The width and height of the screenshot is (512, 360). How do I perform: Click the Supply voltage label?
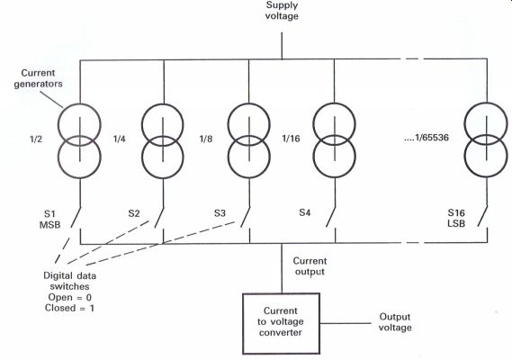tap(282, 11)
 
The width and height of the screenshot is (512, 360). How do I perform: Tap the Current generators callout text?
tap(38, 78)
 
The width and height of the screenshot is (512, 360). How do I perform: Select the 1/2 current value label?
tap(36, 139)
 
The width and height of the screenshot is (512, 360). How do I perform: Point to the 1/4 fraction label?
tap(119, 139)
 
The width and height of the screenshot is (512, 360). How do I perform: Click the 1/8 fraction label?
tap(206, 139)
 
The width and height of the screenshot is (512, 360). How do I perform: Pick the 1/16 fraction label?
tap(291, 139)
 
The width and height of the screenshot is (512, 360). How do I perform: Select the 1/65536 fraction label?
tap(427, 138)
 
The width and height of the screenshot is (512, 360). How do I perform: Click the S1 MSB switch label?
tap(50, 220)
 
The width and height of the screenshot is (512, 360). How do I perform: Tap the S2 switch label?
tap(134, 213)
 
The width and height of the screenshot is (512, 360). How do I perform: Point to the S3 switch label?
tap(220, 213)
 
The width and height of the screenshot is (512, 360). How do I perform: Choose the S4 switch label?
tap(305, 212)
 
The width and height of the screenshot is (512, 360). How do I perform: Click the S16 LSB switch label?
tap(456, 218)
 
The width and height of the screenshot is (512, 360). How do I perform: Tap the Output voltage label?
tap(395, 322)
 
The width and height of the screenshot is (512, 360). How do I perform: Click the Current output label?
tap(310, 266)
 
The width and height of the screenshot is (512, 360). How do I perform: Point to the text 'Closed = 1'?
tap(69, 308)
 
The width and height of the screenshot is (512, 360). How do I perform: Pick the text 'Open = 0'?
tap(70, 297)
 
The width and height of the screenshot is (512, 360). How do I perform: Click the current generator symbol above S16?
tap(486, 139)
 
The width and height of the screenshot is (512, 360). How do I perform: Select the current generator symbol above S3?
tap(249, 140)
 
